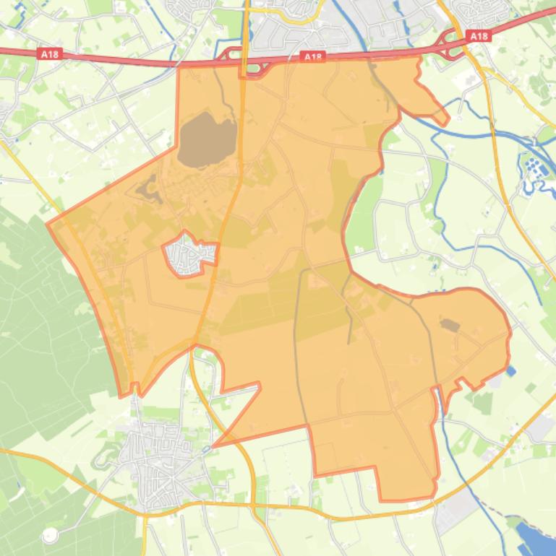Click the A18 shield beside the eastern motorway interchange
(478, 35)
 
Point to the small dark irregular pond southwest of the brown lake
(148, 189)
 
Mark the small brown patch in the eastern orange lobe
(450, 326)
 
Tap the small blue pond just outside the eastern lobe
(512, 371)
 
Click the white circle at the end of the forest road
(49, 536)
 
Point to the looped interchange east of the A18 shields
(450, 45)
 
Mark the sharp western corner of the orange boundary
(48, 225)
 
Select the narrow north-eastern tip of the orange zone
(444, 120)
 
